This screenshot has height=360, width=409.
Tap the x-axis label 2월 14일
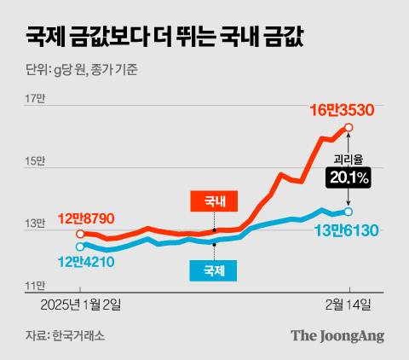(348, 305)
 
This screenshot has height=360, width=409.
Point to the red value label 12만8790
(88, 219)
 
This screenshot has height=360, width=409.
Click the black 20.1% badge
(347, 178)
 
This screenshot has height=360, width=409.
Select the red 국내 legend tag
(215, 202)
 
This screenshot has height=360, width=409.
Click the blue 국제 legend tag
(215, 270)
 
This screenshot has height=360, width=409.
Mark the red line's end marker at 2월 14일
(349, 128)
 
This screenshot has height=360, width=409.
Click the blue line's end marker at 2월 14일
(349, 212)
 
